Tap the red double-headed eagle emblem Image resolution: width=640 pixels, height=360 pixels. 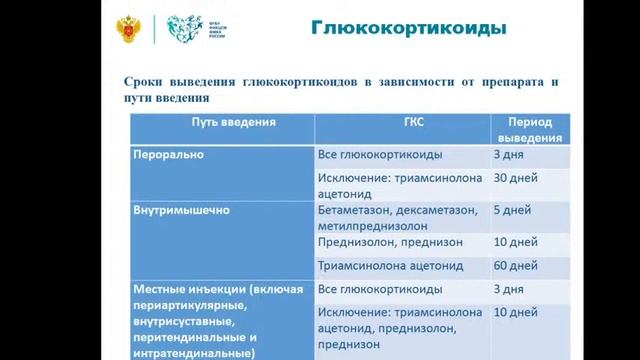[x=130, y=29]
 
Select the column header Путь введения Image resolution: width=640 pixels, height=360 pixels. [x=222, y=122]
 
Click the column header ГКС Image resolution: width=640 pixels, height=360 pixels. [x=400, y=122]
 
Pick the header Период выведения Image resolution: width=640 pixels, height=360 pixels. [x=529, y=128]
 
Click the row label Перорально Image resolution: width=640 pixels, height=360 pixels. [x=168, y=155]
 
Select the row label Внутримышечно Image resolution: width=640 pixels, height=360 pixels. [x=181, y=211]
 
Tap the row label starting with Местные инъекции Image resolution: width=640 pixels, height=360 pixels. [x=218, y=289]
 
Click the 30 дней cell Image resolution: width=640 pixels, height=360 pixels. [x=516, y=178]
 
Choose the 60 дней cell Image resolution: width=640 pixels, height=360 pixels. [x=516, y=266]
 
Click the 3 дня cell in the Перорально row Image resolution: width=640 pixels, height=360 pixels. [x=508, y=155]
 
